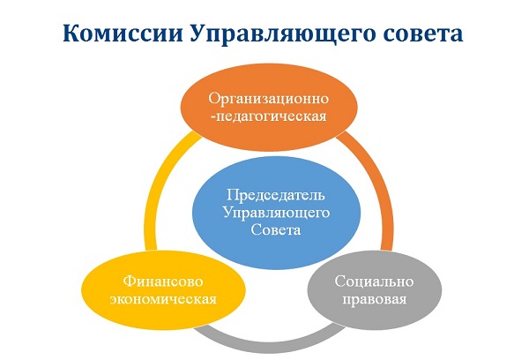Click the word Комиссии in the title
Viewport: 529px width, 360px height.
click(x=123, y=34)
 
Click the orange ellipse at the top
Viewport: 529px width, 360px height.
click(x=269, y=107)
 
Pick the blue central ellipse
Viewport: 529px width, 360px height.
click(x=276, y=213)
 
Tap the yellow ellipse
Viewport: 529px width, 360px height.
click(x=164, y=290)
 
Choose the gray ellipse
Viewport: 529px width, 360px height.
click(x=374, y=290)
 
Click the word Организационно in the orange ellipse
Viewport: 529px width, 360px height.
click(x=269, y=99)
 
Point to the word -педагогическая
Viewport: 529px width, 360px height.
click(x=269, y=116)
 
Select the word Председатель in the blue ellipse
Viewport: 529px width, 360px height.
click(x=276, y=195)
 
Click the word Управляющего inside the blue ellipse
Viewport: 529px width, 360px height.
click(x=276, y=214)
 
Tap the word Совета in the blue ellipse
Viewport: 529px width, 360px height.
click(x=276, y=230)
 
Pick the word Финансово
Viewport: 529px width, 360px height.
click(x=163, y=281)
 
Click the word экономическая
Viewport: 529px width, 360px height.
click(x=163, y=299)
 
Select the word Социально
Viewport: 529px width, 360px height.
click(x=374, y=281)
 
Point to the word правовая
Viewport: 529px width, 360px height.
click(x=375, y=300)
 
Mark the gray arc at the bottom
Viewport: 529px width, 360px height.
click(x=270, y=344)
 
